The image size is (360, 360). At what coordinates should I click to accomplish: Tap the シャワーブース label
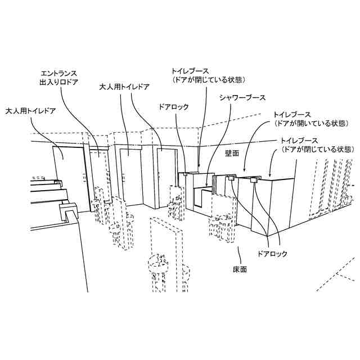click(x=242, y=97)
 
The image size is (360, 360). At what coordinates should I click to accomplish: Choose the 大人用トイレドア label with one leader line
click(x=30, y=111)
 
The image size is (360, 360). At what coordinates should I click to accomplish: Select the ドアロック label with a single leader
click(x=174, y=106)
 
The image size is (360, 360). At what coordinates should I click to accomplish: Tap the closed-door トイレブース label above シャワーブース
click(x=190, y=71)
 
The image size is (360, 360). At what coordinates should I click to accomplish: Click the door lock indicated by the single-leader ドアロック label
click(x=185, y=175)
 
